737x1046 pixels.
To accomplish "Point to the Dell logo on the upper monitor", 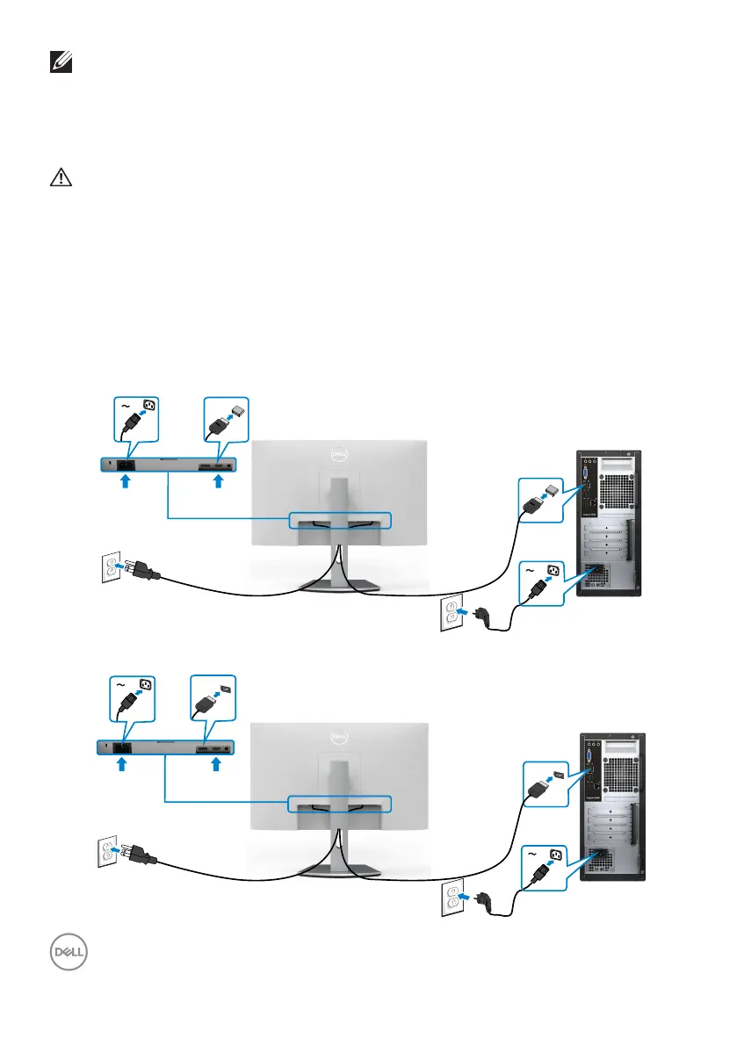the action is pyautogui.click(x=340, y=453).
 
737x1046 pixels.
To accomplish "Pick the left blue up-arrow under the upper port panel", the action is pyautogui.click(x=125, y=480).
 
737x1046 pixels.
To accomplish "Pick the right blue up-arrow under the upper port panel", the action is pyautogui.click(x=217, y=480).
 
